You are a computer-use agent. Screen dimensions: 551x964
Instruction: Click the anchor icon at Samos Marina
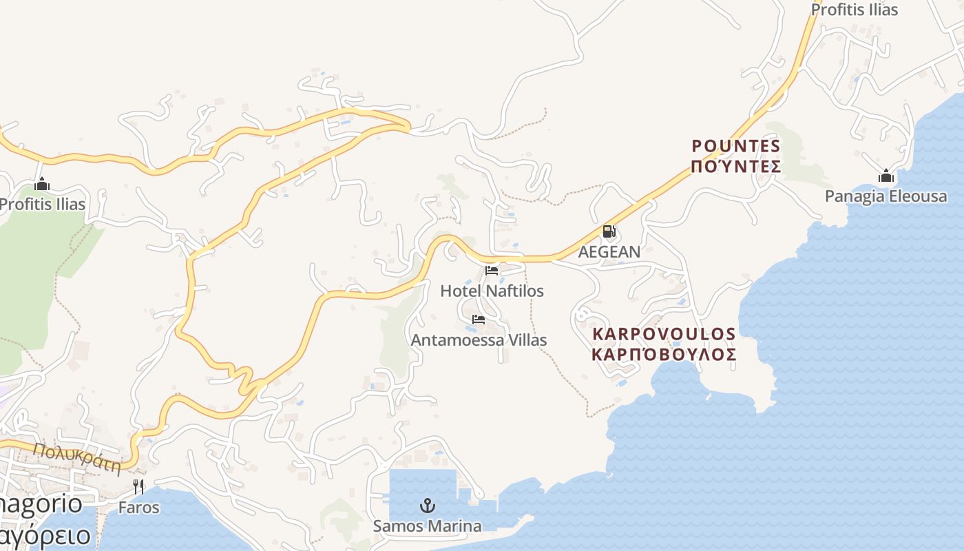click(428, 506)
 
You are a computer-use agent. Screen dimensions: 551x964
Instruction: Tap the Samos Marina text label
click(428, 526)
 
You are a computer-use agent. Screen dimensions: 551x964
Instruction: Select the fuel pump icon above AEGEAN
click(609, 232)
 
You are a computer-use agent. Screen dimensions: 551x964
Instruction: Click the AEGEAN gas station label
click(609, 251)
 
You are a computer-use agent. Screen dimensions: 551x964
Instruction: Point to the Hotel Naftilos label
click(492, 291)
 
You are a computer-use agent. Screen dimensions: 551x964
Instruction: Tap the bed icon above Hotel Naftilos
click(492, 271)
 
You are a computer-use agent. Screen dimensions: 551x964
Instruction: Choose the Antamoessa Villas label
click(479, 340)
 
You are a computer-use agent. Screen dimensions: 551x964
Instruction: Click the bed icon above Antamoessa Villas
click(479, 320)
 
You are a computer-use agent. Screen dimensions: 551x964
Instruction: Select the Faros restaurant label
click(138, 508)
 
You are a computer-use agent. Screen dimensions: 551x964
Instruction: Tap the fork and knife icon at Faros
click(138, 487)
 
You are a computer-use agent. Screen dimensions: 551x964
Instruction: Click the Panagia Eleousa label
click(886, 196)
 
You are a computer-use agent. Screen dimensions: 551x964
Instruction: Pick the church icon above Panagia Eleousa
click(886, 176)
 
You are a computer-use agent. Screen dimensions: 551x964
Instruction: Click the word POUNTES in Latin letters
click(736, 146)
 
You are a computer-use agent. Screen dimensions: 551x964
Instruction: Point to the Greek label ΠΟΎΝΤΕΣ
click(736, 167)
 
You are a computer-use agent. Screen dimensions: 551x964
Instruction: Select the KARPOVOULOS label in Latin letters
click(664, 334)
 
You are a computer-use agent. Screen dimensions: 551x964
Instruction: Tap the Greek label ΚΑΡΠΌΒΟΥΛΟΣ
click(664, 355)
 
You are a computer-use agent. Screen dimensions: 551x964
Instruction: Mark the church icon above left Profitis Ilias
click(42, 184)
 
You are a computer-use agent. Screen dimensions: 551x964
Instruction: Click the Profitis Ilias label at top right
click(855, 10)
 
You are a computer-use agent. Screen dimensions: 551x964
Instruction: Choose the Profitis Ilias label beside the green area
click(43, 204)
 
